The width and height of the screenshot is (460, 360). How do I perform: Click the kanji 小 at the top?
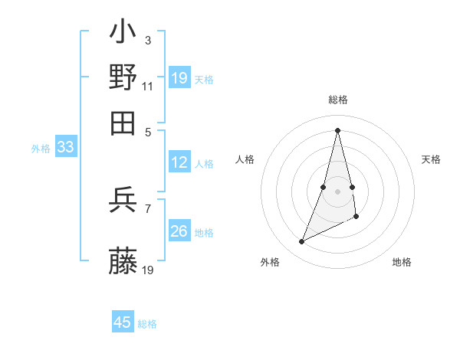click(x=123, y=34)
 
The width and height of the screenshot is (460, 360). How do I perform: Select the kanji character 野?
click(x=123, y=77)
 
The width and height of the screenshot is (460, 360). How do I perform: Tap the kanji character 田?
click(x=123, y=123)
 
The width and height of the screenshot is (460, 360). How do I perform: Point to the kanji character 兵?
click(x=123, y=200)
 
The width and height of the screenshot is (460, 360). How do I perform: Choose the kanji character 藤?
click(x=123, y=261)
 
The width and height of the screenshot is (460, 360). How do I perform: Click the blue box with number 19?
click(x=179, y=78)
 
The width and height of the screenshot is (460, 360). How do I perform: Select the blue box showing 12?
click(x=179, y=162)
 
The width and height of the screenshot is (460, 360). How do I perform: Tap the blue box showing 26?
click(x=179, y=231)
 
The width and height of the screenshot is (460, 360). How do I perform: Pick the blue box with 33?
click(x=65, y=148)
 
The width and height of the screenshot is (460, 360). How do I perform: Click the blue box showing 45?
click(x=123, y=322)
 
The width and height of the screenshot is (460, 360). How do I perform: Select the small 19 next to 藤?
click(x=148, y=270)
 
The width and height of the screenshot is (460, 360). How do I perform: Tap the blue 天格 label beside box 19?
click(x=203, y=79)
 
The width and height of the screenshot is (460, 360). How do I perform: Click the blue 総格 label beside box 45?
click(x=147, y=324)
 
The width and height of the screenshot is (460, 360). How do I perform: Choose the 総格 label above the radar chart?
click(x=337, y=100)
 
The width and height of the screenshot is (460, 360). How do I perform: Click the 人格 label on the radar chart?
click(x=245, y=159)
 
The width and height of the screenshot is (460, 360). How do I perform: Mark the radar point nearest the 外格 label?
click(x=302, y=242)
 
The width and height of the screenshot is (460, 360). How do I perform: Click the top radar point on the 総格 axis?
click(x=337, y=129)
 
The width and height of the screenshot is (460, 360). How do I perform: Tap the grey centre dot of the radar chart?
click(x=337, y=191)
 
